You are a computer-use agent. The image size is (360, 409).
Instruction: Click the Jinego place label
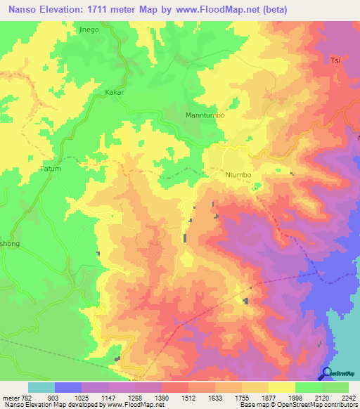[89, 30]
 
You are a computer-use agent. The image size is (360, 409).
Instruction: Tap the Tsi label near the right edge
[335, 61]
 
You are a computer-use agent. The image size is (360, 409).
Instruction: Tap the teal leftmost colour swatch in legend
[41, 387]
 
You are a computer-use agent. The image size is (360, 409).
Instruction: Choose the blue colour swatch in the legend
[68, 387]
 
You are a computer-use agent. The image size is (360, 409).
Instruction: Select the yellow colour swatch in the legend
[281, 387]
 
